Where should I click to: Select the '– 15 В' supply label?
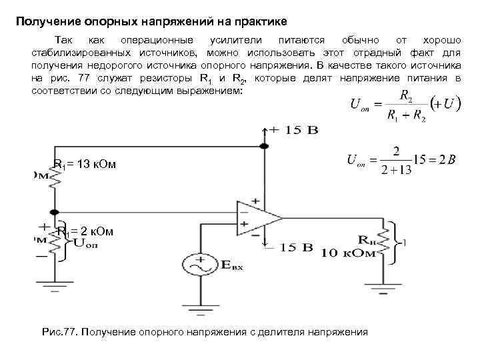[289, 248]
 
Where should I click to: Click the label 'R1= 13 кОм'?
[85, 164]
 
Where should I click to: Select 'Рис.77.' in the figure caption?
[59, 332]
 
